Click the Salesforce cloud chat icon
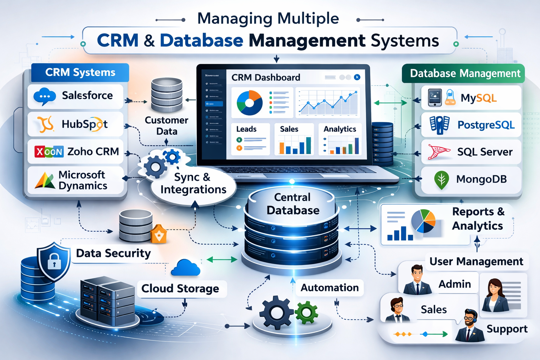click(x=45, y=96)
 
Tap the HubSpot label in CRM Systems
click(x=85, y=124)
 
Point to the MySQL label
click(x=478, y=98)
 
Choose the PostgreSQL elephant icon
click(x=439, y=125)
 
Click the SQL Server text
click(x=484, y=152)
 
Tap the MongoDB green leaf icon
click(x=442, y=180)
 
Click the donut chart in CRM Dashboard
click(x=250, y=103)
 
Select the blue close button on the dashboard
click(x=357, y=77)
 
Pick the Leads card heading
click(x=246, y=129)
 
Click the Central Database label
click(x=292, y=204)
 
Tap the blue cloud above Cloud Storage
click(x=185, y=268)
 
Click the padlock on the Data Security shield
click(x=54, y=261)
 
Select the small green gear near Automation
click(x=306, y=312)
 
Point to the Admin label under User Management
click(x=455, y=284)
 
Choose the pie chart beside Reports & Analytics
click(x=423, y=221)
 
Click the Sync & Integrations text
click(x=193, y=183)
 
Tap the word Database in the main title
click(x=201, y=40)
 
